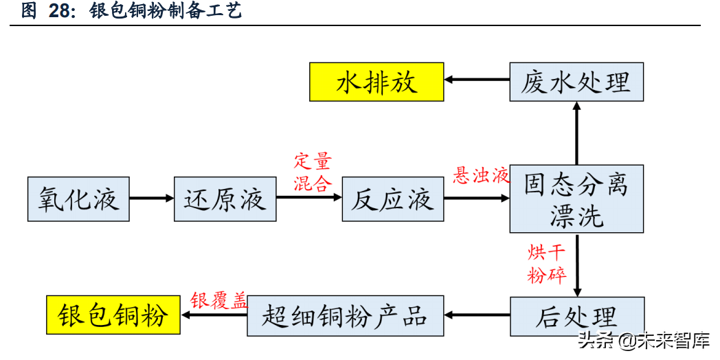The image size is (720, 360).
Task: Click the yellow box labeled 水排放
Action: click(x=376, y=82)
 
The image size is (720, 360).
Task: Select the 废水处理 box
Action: click(x=576, y=82)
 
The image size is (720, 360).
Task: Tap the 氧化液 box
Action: click(x=78, y=199)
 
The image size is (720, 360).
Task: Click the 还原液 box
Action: click(x=225, y=199)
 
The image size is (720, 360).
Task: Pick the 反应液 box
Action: click(x=392, y=199)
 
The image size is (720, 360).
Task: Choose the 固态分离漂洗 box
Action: click(x=576, y=199)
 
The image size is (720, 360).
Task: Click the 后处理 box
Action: click(x=576, y=317)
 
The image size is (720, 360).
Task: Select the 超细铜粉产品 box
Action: click(x=345, y=317)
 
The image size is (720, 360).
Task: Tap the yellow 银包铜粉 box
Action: click(x=113, y=317)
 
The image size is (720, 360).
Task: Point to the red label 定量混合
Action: click(x=313, y=172)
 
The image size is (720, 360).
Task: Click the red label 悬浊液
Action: click(x=481, y=176)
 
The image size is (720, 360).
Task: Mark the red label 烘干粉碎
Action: click(x=547, y=264)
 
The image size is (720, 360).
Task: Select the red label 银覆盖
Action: click(x=218, y=301)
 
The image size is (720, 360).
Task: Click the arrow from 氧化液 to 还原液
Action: click(x=152, y=199)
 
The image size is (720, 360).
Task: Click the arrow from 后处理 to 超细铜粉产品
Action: click(x=477, y=315)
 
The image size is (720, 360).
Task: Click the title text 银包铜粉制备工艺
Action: click(x=166, y=12)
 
